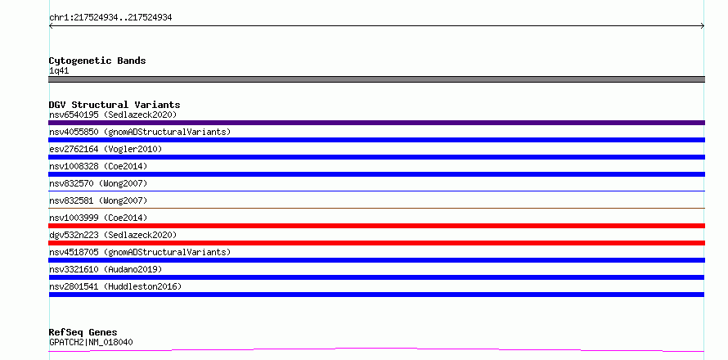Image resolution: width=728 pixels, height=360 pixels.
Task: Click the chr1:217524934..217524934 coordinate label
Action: coord(110,18)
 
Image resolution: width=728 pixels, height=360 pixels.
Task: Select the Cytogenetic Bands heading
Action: coord(97,61)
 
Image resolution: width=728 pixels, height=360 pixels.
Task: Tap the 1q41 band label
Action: coord(59,71)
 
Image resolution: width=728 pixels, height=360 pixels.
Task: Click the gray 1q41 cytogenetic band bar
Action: coord(376,79)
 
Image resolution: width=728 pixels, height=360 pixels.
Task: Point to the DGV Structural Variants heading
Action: coord(115,105)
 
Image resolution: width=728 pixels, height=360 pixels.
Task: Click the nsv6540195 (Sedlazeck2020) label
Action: coord(113,115)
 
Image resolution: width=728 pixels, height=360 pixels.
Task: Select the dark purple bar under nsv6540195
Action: coord(376,123)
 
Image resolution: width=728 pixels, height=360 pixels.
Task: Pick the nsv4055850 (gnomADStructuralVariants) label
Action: coord(140,132)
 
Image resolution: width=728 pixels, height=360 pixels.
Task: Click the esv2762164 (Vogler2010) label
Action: coord(106,149)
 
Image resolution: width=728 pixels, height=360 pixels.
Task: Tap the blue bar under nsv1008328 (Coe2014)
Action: coord(376,174)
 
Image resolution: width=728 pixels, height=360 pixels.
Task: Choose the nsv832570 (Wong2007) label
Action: coord(98,183)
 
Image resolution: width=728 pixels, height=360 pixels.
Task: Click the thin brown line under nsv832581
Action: coord(376,208)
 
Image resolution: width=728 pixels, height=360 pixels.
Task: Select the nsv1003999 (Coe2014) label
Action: coord(98,218)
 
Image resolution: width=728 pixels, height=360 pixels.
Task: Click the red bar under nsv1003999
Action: coord(376,226)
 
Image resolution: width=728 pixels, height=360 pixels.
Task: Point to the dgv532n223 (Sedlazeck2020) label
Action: coord(113,235)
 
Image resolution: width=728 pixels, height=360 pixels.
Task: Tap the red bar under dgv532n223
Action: coord(376,243)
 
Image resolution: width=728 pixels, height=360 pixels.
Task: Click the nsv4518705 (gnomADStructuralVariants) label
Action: coord(140,252)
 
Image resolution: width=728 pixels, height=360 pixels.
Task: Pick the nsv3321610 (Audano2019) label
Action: coord(106,269)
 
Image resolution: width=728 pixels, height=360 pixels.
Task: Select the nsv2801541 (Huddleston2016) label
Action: coord(115,286)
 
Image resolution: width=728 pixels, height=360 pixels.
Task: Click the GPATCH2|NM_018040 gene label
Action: coord(91,342)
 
